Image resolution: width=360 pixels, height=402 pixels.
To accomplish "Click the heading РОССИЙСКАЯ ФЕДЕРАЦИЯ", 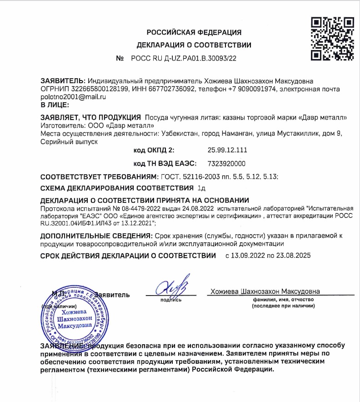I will click(194, 32).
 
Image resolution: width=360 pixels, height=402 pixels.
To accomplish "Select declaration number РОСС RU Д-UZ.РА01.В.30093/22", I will click(184, 59).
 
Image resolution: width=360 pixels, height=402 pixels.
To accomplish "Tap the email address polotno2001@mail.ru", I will click(73, 96).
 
